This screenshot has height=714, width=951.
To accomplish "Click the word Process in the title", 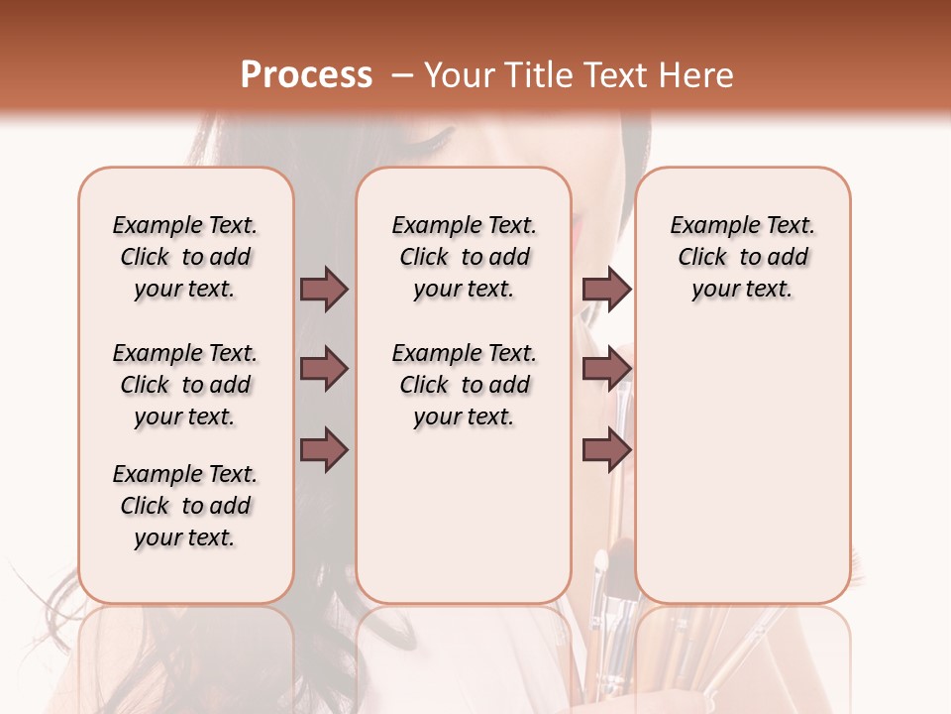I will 306,75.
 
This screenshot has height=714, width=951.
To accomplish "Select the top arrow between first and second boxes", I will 324,290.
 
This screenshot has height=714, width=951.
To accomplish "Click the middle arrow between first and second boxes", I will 324,369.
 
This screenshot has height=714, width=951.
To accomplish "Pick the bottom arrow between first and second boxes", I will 324,449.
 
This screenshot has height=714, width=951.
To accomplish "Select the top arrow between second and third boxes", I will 606,290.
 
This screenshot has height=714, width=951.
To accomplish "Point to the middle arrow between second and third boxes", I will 606,369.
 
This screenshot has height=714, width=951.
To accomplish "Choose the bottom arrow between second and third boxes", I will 606,449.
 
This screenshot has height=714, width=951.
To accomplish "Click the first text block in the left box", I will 185,257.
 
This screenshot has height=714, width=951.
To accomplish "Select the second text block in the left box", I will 185,385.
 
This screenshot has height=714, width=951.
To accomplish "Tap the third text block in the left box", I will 185,506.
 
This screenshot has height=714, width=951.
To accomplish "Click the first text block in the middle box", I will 464,257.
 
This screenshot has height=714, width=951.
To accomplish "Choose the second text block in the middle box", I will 464,385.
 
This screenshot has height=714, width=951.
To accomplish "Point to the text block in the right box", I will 742,257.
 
